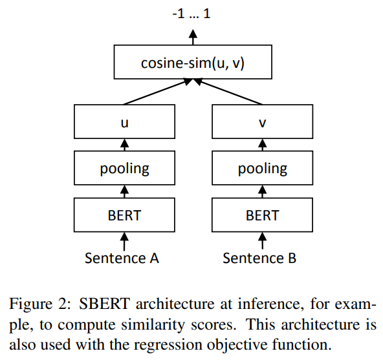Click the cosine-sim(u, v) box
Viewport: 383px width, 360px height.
[193, 63]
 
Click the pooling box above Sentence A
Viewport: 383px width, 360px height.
[124, 169]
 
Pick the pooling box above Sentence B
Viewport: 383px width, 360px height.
[262, 169]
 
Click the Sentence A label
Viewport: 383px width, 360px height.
[122, 259]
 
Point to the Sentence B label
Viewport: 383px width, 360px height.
[260, 259]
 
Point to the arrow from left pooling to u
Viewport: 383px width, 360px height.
[124, 145]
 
